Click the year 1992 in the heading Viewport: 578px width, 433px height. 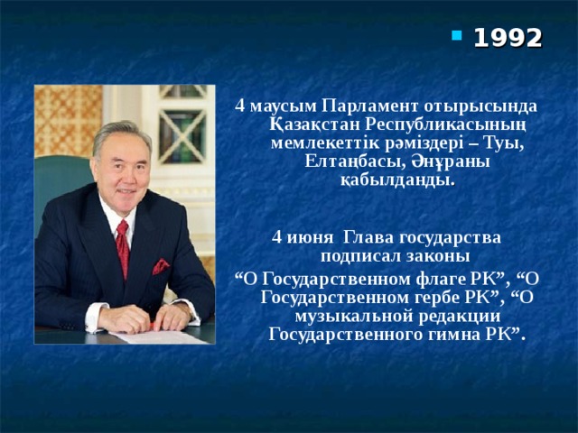pos(508,38)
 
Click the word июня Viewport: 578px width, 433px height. pos(303,237)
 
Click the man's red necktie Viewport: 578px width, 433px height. pos(122,247)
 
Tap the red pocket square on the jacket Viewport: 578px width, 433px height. pos(161,266)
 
